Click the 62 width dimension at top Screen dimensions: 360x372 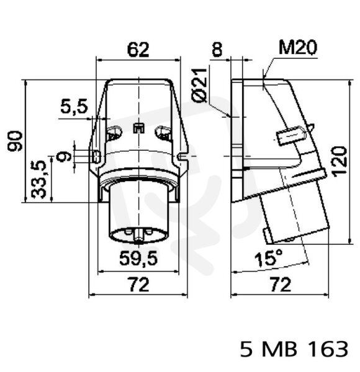point(138,50)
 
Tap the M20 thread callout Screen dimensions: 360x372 point(298,48)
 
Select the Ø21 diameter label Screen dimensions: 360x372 point(199,86)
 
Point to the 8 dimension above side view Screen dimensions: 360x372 point(217,50)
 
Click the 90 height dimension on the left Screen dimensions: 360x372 point(15,141)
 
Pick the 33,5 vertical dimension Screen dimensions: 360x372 point(38,179)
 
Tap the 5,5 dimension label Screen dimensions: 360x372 point(74,107)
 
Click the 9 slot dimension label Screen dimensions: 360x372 point(63,156)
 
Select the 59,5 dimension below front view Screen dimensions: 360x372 point(138,258)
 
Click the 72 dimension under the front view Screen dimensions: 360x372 point(138,285)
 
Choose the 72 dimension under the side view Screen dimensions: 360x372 point(280,285)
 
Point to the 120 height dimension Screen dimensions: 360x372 point(340,161)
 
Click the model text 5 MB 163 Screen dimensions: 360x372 point(294,349)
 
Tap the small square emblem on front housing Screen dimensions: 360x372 point(138,128)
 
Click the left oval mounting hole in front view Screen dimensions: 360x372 point(114,134)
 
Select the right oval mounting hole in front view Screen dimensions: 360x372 point(163,134)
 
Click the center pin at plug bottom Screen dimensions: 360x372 point(138,237)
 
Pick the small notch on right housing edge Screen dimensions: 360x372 point(183,156)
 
